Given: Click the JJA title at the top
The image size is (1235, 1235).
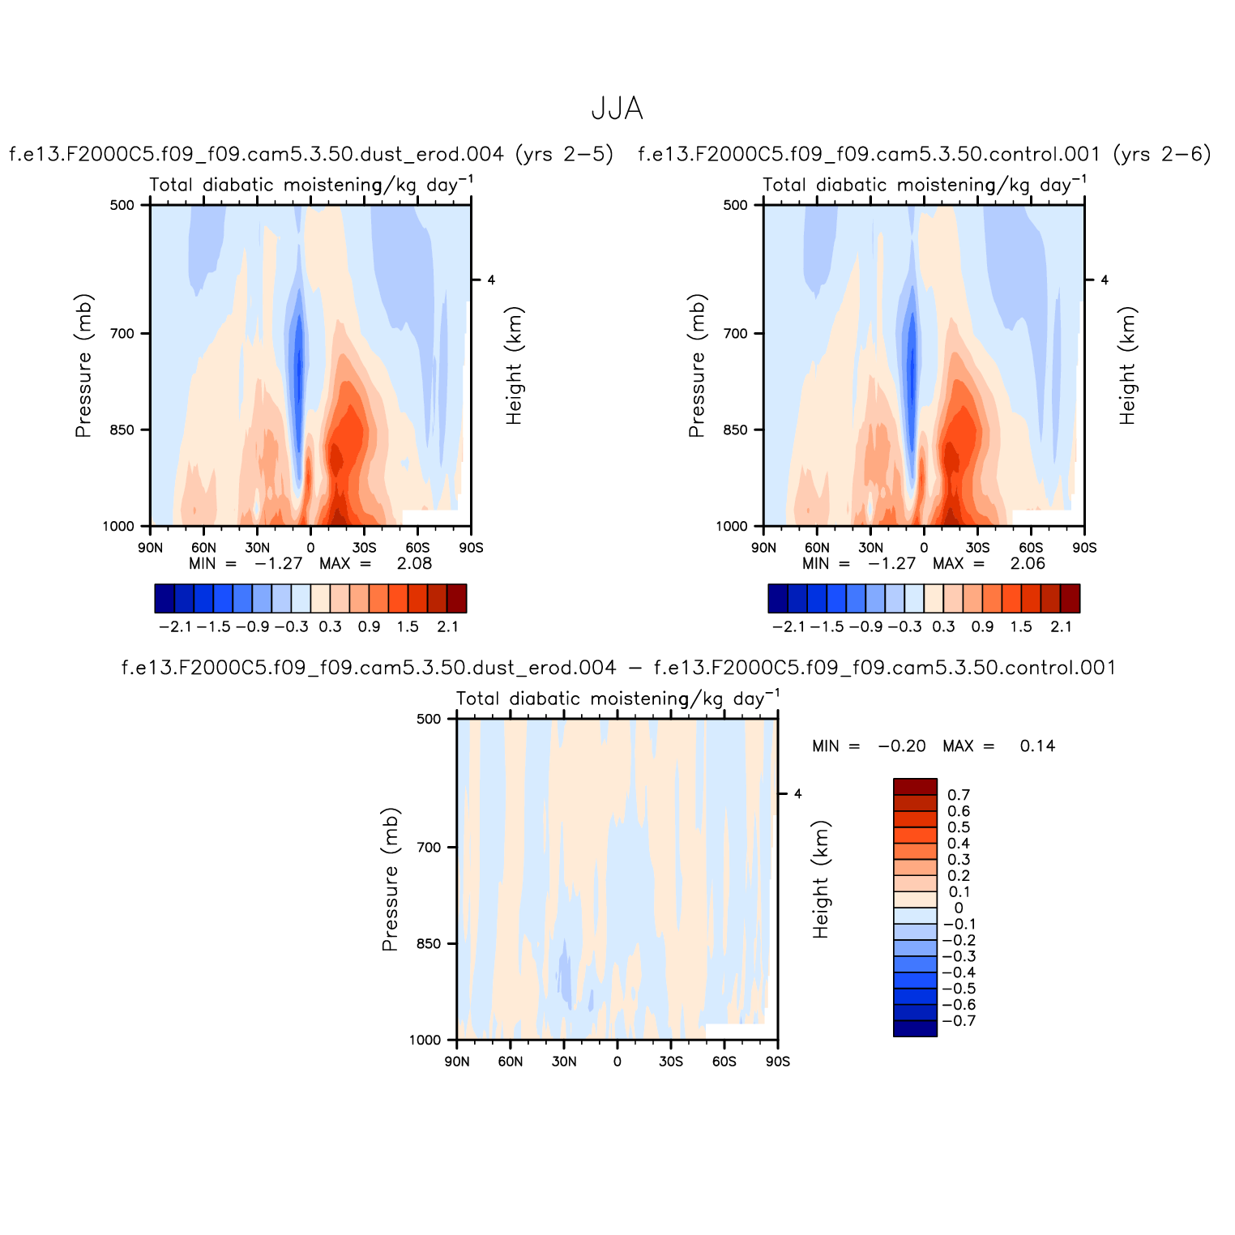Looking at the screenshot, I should [x=617, y=109].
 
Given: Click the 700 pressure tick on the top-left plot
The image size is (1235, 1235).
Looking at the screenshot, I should [x=123, y=333].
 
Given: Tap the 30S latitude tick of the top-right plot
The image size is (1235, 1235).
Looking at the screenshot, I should [x=977, y=548].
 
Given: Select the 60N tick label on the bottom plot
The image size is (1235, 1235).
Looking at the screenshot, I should [x=510, y=1062].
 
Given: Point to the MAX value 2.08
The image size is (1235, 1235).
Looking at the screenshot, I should [x=414, y=564].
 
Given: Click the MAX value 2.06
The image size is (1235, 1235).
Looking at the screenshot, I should [x=1028, y=564].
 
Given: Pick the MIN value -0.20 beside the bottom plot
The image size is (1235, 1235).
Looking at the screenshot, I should [x=902, y=746].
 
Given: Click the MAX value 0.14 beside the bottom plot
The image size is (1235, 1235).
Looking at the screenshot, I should [x=1037, y=746].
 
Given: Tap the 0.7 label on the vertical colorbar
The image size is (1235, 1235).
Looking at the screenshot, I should [x=959, y=795].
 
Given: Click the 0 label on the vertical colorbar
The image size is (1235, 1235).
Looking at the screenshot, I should [x=959, y=908].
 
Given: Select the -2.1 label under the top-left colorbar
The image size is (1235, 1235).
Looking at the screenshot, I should [x=175, y=626].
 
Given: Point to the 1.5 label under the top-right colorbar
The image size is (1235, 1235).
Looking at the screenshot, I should [x=1021, y=626].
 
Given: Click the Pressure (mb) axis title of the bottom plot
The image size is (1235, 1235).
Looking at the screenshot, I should [x=391, y=879].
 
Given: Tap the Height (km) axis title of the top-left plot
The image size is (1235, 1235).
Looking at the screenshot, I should [x=515, y=365].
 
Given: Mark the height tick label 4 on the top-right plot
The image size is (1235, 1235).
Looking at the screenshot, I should [x=1105, y=280].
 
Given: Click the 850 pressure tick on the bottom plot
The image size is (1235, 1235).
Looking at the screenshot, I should [x=429, y=944].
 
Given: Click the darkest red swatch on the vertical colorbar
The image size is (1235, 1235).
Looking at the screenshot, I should [x=915, y=787].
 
